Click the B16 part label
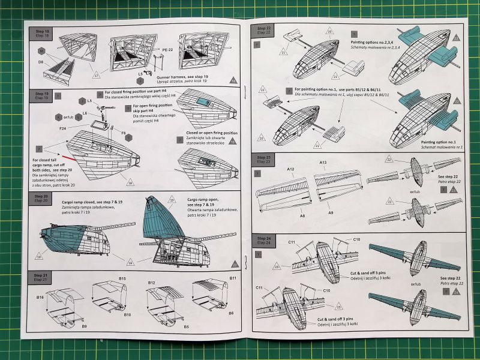(x=41, y=297)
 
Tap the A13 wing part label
(x=322, y=163)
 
